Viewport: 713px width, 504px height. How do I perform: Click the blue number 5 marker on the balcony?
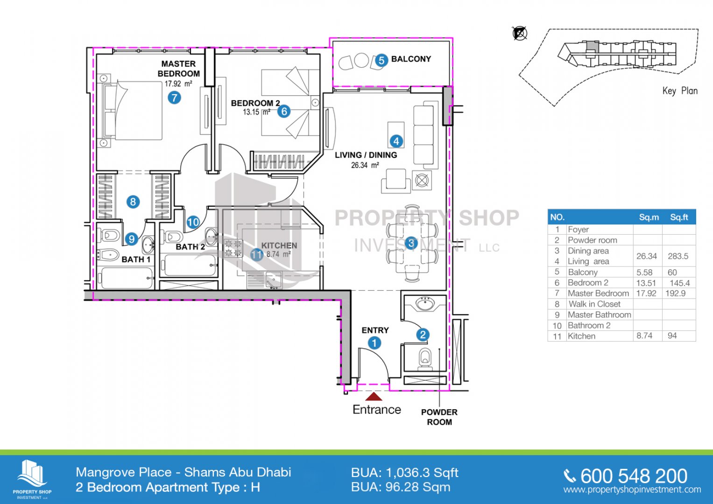pos(381,60)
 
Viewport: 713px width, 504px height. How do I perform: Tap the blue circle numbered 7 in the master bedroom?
pos(174,98)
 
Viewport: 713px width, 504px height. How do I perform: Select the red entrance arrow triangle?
pos(374,397)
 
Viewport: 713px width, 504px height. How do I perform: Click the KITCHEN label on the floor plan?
pos(279,245)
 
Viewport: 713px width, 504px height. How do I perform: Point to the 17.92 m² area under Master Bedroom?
pos(178,84)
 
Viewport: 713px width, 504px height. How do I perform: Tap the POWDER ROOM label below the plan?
pos(439,417)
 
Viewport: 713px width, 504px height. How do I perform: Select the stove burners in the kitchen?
pos(233,248)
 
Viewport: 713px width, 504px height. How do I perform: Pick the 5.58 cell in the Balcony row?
pos(644,273)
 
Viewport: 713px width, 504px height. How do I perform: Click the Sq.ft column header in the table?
pos(679,217)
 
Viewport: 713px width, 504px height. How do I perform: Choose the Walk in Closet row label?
pos(594,304)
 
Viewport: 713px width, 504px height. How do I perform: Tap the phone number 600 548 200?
pos(634,476)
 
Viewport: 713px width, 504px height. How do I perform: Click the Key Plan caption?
pos(680,91)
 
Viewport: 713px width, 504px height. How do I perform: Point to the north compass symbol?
pos(520,33)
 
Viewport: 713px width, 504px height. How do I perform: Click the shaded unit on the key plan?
pos(593,46)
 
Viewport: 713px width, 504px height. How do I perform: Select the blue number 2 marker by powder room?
pos(423,335)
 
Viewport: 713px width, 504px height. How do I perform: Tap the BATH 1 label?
pos(136,259)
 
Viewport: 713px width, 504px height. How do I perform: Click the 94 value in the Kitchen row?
pos(672,336)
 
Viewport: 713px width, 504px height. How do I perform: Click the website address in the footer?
pos(632,490)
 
